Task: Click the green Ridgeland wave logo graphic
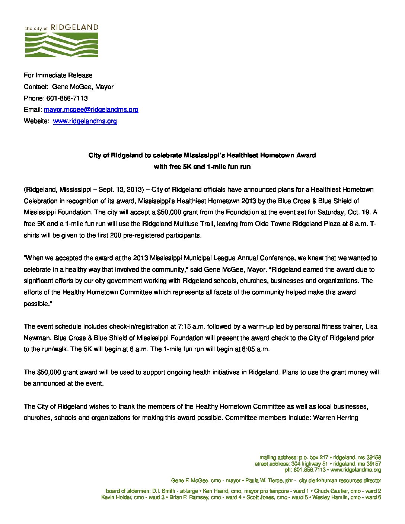[x=62, y=45]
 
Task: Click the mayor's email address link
[x=91, y=109]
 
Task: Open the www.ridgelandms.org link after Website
[x=85, y=121]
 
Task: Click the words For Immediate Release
[x=58, y=75]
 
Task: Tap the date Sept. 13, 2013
[x=120, y=189]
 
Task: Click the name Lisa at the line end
[x=371, y=326]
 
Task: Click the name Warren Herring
[x=335, y=418]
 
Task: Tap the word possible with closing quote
[x=36, y=304]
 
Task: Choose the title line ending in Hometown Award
[x=202, y=155]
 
